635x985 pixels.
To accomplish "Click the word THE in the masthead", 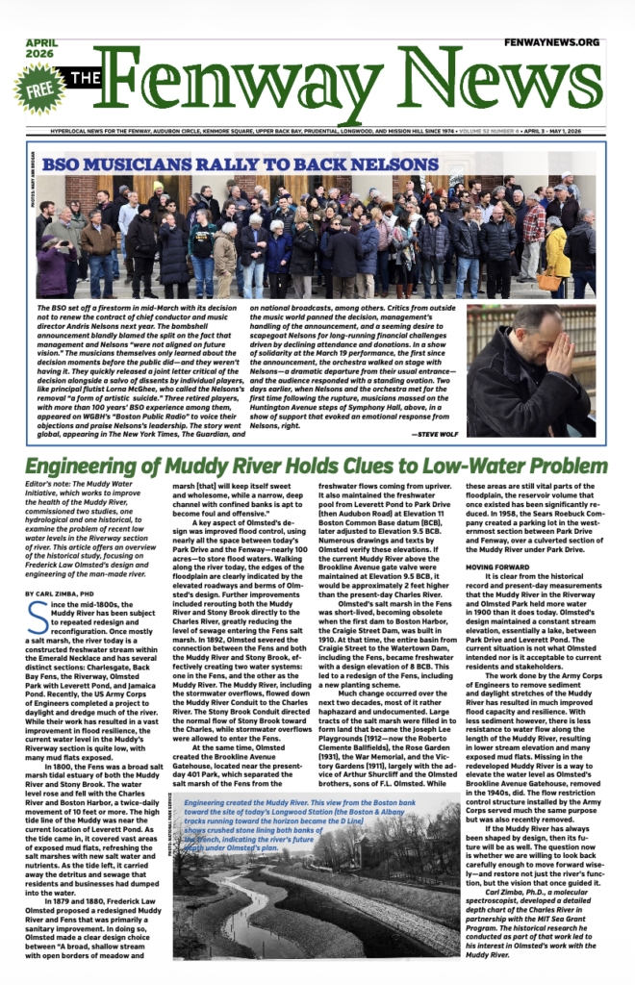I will click(x=85, y=79).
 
